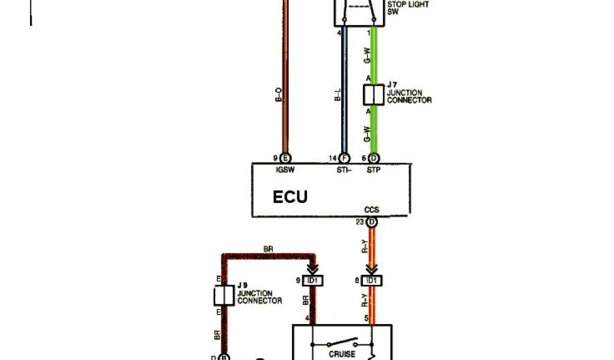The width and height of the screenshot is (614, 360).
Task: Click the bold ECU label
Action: click(x=290, y=197)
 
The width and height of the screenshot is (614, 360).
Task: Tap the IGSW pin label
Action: click(x=284, y=169)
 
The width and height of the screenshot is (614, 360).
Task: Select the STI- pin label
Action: click(x=344, y=169)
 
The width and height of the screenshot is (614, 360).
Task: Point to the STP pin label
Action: click(x=373, y=169)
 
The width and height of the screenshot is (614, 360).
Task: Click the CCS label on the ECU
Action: click(x=372, y=211)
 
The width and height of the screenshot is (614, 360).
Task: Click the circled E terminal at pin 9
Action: click(x=285, y=158)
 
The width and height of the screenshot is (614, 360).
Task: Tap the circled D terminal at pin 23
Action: click(x=372, y=223)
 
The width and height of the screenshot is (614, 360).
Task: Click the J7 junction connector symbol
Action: click(x=373, y=95)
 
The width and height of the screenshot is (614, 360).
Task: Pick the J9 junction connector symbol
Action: click(x=224, y=296)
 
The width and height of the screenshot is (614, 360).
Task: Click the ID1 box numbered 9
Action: click(x=312, y=280)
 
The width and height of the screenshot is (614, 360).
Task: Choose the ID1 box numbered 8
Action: click(x=372, y=280)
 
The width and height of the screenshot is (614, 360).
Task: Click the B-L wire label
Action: click(x=337, y=94)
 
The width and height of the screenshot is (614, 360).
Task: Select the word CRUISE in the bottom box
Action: click(x=342, y=354)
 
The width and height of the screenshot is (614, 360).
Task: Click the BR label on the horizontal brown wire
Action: click(x=269, y=248)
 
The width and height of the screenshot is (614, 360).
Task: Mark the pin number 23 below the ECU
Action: click(x=360, y=223)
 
